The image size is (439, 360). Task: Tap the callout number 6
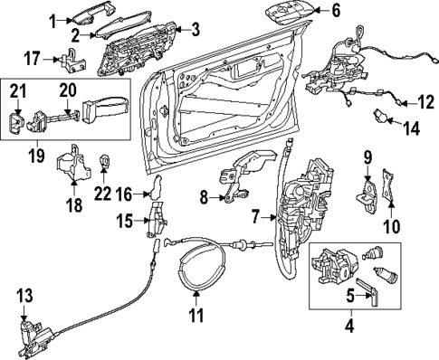336,12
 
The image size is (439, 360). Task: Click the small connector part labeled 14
381,115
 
